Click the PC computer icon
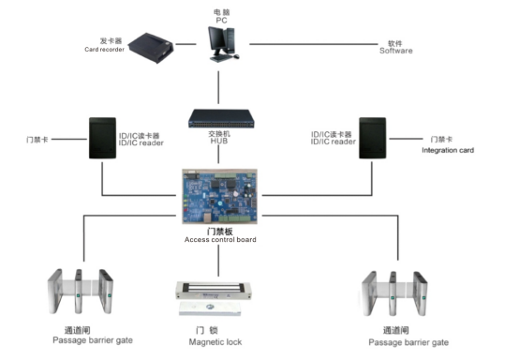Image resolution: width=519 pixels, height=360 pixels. [223, 44]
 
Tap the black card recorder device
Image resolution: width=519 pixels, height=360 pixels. [151, 48]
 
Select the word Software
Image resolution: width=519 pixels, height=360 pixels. [396, 51]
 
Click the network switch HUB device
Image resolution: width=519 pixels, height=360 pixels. [221, 118]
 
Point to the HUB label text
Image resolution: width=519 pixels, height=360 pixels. [219, 141]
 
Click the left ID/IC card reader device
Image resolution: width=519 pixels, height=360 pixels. [103, 138]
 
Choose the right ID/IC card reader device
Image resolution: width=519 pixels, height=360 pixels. [373, 138]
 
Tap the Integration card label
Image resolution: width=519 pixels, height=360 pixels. [448, 150]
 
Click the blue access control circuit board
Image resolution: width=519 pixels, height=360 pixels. [219, 196]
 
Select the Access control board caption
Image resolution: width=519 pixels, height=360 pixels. [220, 239]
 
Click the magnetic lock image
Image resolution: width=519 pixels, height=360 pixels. [214, 298]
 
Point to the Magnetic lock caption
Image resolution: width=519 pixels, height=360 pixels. [215, 342]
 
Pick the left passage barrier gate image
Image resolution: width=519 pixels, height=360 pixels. [81, 292]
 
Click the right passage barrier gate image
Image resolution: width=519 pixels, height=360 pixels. [394, 293]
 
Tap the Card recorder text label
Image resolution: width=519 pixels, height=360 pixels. [104, 50]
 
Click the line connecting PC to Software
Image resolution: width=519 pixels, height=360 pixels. [314, 44]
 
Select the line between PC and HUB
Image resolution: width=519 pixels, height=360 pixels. [218, 87]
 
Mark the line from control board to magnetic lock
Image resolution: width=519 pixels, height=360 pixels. [218, 261]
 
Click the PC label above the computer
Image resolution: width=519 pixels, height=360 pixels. [221, 21]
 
